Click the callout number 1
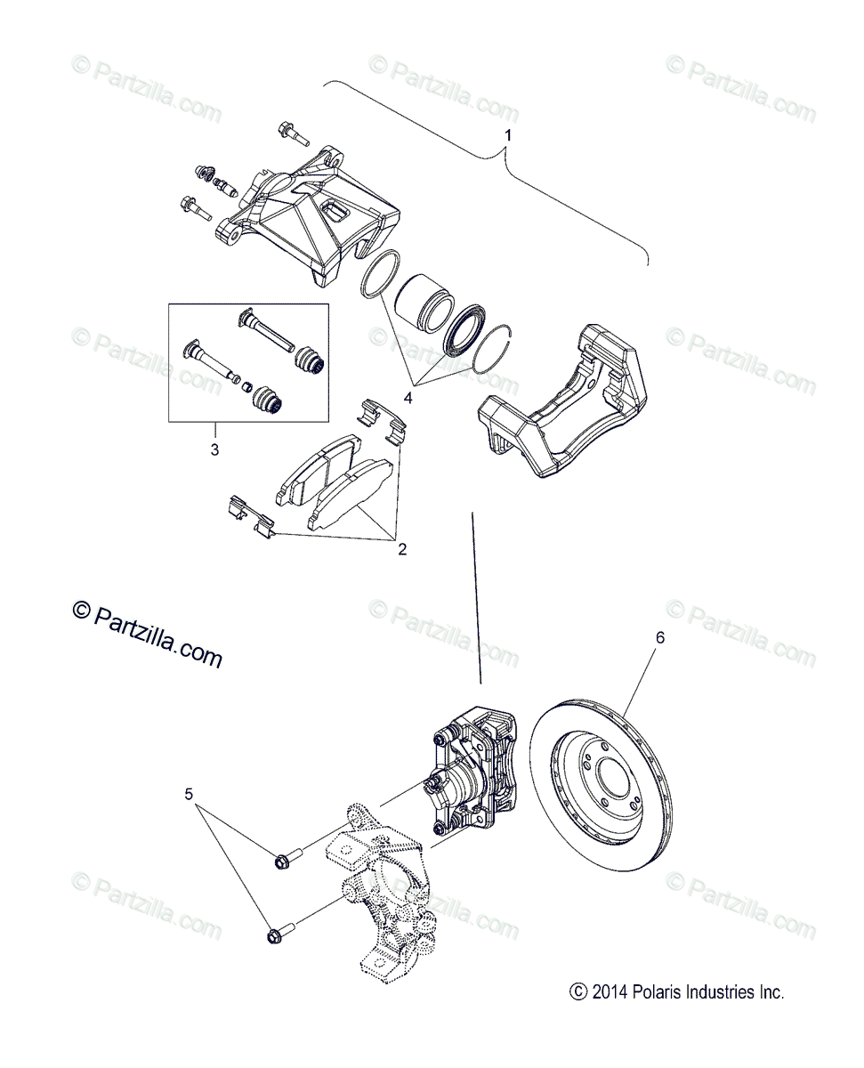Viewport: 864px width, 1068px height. [x=508, y=135]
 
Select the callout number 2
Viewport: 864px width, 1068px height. [x=402, y=549]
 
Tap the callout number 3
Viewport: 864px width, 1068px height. [x=214, y=449]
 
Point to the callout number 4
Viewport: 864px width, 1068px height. [x=408, y=399]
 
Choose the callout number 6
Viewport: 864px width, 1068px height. [x=659, y=637]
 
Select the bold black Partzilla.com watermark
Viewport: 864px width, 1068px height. [x=147, y=632]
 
